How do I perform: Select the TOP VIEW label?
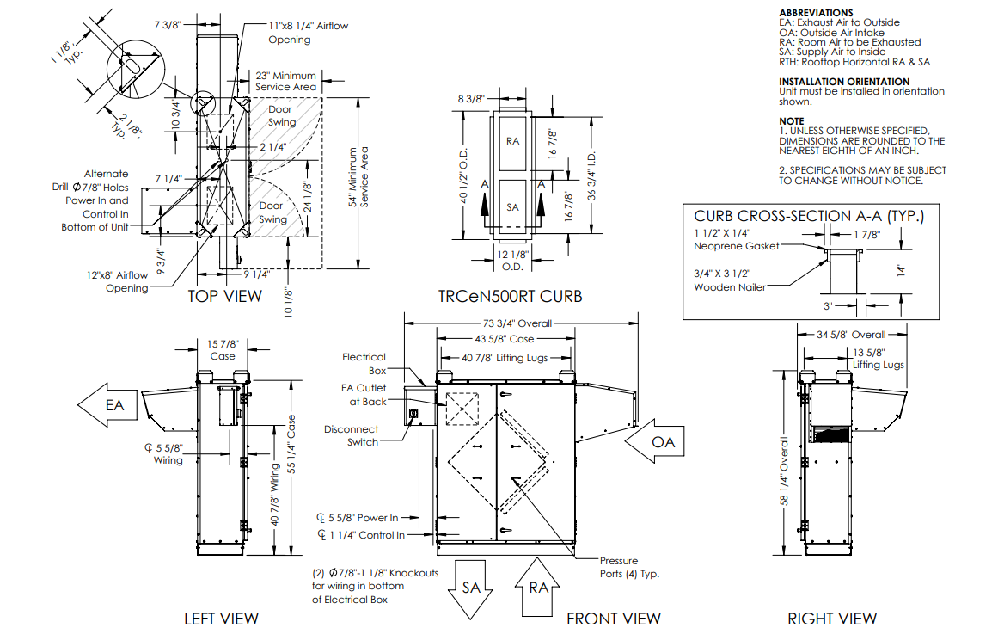(225, 296)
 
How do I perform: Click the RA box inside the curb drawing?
(513, 140)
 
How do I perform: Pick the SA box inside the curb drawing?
(513, 207)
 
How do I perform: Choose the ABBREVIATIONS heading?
(815, 13)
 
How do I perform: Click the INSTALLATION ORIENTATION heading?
(843, 82)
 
